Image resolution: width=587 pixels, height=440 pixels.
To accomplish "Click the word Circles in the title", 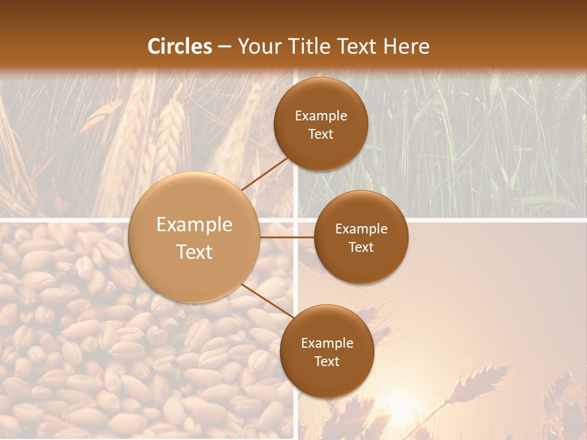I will [180, 46].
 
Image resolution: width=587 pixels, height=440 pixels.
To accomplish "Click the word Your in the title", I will [256, 46].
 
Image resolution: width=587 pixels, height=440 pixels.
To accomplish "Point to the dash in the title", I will [224, 47].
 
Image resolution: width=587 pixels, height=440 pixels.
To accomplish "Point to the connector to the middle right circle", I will [287, 237].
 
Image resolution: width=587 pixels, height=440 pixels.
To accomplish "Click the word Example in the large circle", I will [194, 225].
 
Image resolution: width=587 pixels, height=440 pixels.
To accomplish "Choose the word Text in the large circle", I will [194, 252].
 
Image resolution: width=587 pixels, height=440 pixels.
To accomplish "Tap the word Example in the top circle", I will [321, 116].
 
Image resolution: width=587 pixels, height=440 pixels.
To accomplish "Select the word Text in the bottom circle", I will [327, 361].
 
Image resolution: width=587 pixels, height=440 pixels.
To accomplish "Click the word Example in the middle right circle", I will [361, 229].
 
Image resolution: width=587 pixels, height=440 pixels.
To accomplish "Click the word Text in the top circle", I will [321, 134].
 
